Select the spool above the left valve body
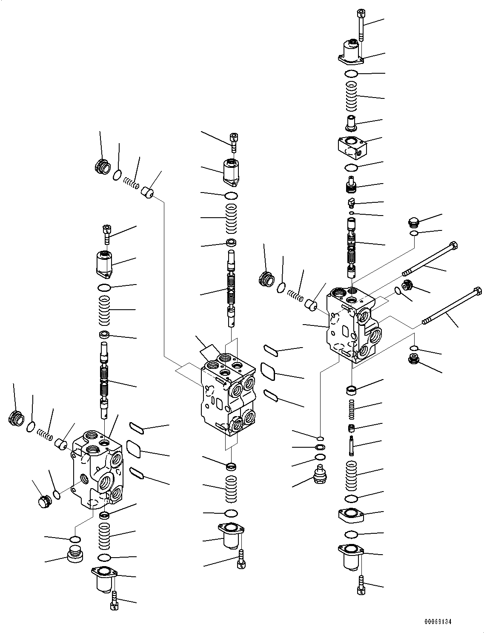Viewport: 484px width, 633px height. click(x=104, y=379)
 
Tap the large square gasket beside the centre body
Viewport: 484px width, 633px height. click(x=268, y=371)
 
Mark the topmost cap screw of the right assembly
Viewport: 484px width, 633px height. click(x=361, y=25)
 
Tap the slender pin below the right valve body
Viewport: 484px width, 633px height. click(x=352, y=446)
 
